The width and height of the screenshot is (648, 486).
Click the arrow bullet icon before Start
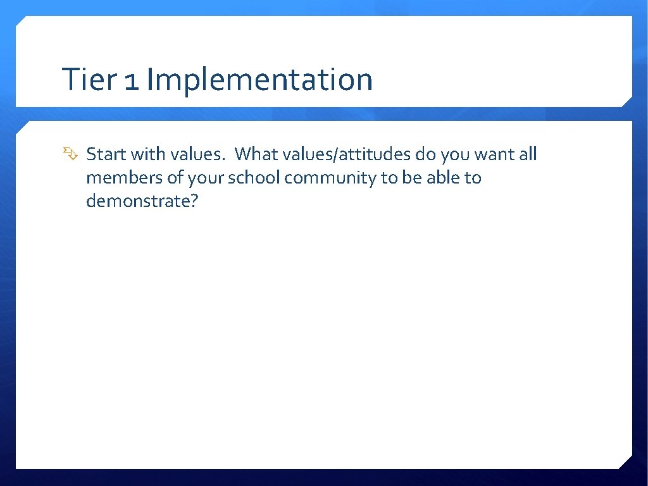coord(69,154)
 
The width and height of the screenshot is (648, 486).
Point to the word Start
coord(106,154)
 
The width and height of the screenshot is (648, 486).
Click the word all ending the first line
coord(528,154)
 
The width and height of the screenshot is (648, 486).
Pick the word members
coord(124,178)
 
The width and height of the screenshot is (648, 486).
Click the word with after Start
coord(147,154)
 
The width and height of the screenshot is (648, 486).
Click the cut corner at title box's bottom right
coord(626,101)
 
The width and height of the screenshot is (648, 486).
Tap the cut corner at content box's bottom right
coord(626,463)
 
